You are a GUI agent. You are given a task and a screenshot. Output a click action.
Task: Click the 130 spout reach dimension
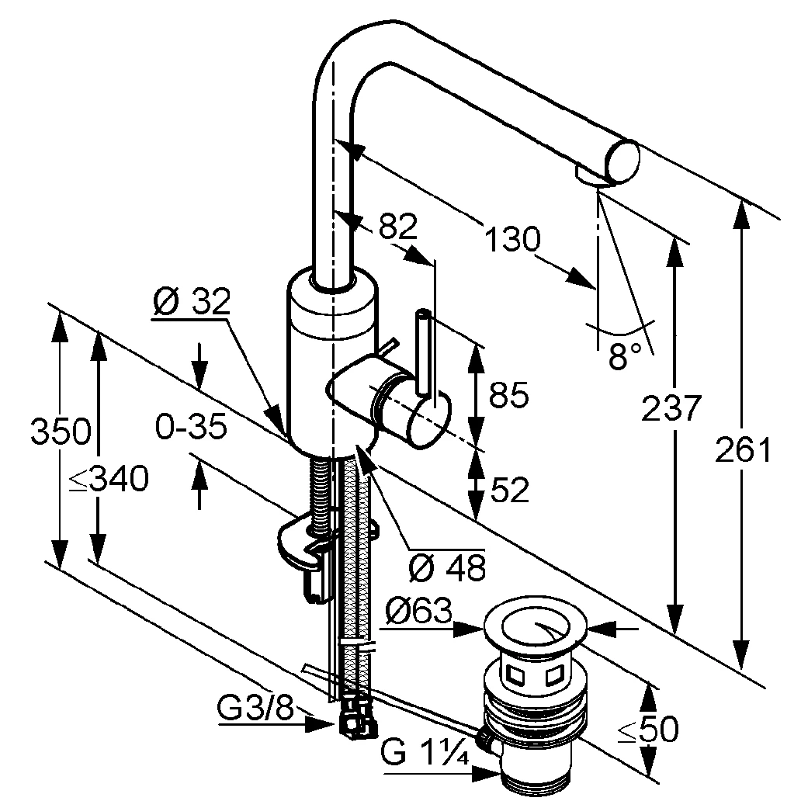pos(511,238)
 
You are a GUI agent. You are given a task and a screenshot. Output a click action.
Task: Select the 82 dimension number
pos(398,226)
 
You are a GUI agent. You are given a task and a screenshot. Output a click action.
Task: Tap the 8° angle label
pos(626,356)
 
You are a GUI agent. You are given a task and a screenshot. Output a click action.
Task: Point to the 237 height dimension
pos(671,408)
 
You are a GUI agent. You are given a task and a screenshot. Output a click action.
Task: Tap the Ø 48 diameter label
pos(446,568)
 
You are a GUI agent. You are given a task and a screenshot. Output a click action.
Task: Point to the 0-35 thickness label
pos(190,426)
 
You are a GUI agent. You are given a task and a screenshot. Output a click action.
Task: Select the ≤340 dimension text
pos(109,481)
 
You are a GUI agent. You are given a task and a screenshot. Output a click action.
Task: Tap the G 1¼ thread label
pos(425,751)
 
